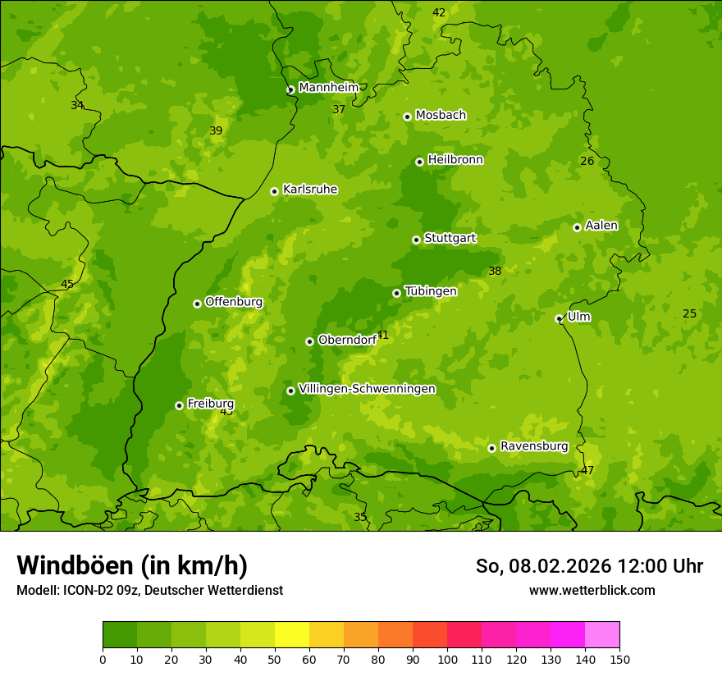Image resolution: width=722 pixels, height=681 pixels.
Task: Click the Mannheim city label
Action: point(328,88)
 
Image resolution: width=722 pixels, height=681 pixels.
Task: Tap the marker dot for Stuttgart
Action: point(417,240)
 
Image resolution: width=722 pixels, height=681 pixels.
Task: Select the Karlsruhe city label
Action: point(309,190)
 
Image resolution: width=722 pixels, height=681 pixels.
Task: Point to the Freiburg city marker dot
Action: point(179,405)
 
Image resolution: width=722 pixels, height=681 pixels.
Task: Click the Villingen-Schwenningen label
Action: point(367,389)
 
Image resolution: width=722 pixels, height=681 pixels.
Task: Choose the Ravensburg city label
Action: point(533,446)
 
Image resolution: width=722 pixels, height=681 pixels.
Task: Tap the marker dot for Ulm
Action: point(560,318)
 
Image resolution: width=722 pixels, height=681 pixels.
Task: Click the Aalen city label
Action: point(601,226)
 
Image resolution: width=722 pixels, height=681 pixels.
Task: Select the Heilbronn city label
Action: point(455,160)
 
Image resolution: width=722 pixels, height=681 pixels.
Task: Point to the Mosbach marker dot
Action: point(407,117)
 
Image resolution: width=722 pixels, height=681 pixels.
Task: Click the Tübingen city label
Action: point(430,291)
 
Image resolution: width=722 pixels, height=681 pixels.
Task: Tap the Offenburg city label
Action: point(234,302)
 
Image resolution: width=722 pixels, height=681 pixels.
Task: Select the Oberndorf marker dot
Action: point(310,341)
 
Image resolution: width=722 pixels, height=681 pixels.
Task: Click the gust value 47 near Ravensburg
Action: point(587,470)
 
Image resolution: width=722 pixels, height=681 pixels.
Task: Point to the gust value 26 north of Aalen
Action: point(587,161)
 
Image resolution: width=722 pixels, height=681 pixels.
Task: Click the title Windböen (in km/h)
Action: point(132,565)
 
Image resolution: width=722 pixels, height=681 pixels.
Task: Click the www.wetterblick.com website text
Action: point(592,590)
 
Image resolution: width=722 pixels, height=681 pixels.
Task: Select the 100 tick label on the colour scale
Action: point(447,659)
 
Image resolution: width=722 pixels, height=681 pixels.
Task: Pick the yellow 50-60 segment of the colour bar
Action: point(292,635)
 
